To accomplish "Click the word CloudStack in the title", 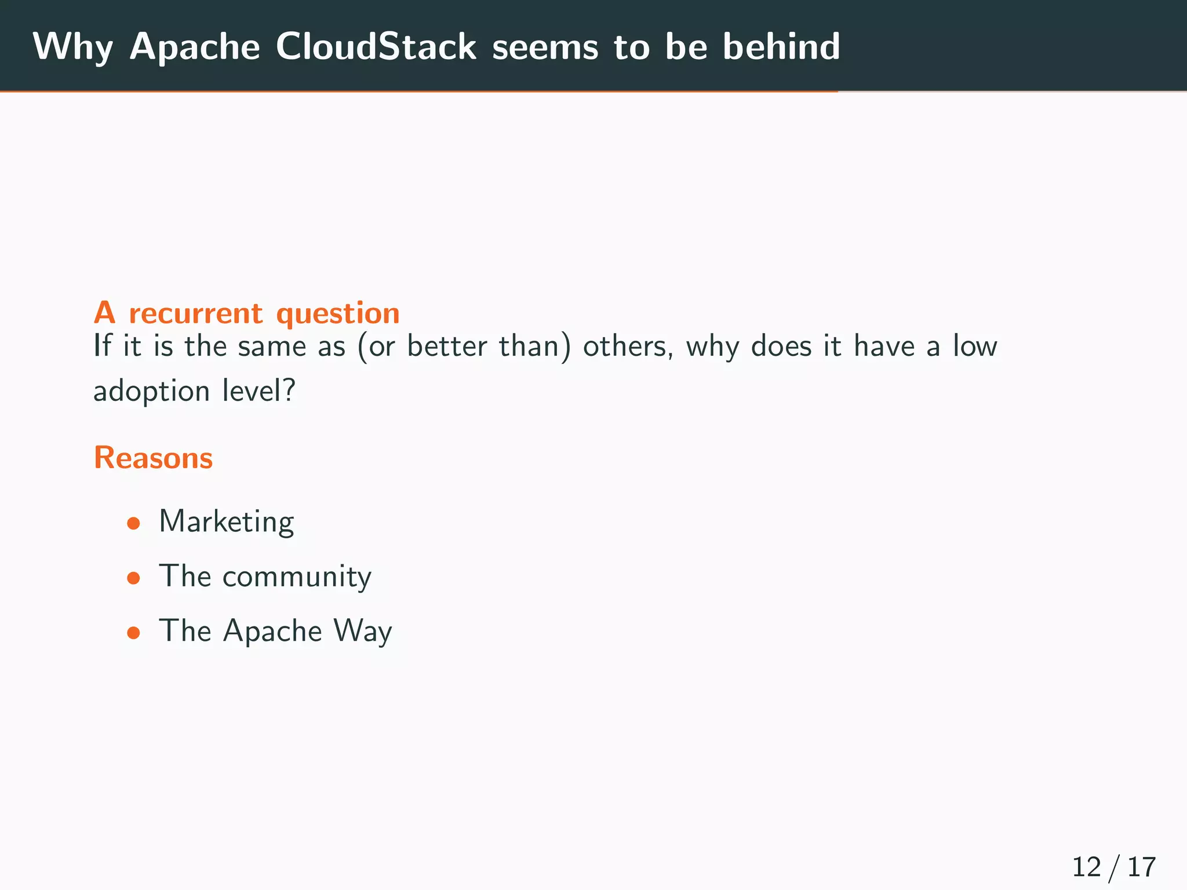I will coord(376,46).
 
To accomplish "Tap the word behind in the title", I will coord(781,46).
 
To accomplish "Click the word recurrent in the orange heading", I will coord(196,313).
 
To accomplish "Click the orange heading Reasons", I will coord(154,458).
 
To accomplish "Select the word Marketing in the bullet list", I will coord(227,521).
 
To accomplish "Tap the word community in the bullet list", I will coord(297,577).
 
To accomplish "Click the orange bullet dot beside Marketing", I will coord(134,524).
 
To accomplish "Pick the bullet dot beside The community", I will coord(134,578).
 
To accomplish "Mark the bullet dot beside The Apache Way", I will coord(134,633).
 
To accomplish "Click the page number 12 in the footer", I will coord(1086,867).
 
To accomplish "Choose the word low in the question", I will coord(975,346).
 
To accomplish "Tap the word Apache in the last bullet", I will coord(272,632).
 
